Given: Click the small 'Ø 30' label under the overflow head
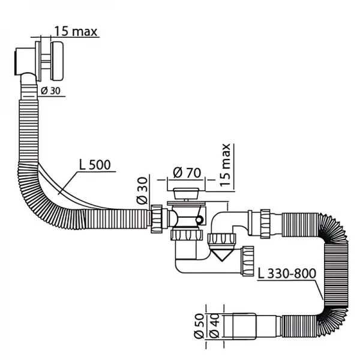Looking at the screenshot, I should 52,91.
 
